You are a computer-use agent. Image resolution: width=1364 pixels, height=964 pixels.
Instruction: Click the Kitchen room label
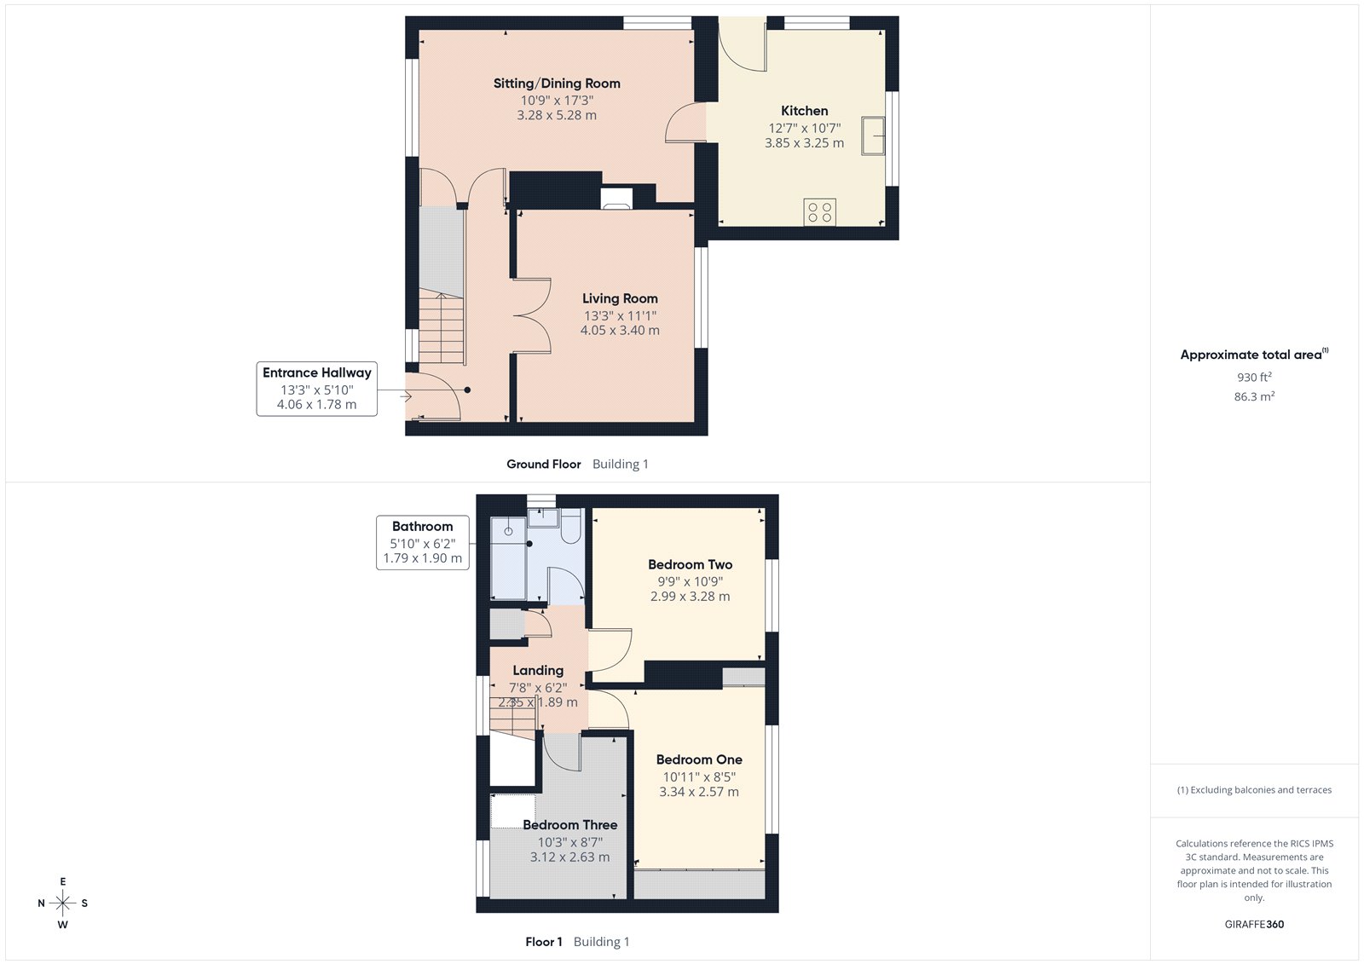coord(804,111)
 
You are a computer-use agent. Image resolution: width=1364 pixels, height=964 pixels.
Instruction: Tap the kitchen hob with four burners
coord(819,212)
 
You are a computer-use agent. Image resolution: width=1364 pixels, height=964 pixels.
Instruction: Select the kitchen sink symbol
coord(872,136)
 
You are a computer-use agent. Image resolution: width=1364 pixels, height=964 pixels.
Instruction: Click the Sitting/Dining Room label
coord(557,84)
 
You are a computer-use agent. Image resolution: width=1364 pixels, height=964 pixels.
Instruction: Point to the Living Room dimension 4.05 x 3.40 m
coord(620,331)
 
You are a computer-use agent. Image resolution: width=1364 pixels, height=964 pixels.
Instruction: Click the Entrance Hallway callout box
coord(317,389)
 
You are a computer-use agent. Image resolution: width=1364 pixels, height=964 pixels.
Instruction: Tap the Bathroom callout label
coord(422,527)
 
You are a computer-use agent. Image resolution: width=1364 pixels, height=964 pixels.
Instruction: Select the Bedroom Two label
coord(690,564)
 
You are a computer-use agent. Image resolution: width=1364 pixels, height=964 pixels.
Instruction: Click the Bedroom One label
coord(699,759)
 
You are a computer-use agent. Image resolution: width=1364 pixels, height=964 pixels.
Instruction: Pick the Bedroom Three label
coord(569,825)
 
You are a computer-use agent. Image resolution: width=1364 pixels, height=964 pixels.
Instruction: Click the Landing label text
coord(538,671)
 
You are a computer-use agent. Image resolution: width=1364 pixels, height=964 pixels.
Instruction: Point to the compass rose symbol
coord(63,903)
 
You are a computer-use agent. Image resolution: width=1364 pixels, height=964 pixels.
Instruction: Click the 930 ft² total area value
coord(1254,377)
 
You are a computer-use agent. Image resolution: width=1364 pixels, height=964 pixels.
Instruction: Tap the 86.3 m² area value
coord(1254,396)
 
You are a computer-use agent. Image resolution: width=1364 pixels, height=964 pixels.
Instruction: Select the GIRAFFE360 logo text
coord(1254,924)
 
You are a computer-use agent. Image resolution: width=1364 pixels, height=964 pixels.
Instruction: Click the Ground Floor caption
coord(543,465)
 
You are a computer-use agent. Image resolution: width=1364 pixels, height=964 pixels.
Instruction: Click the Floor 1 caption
coord(544,942)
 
